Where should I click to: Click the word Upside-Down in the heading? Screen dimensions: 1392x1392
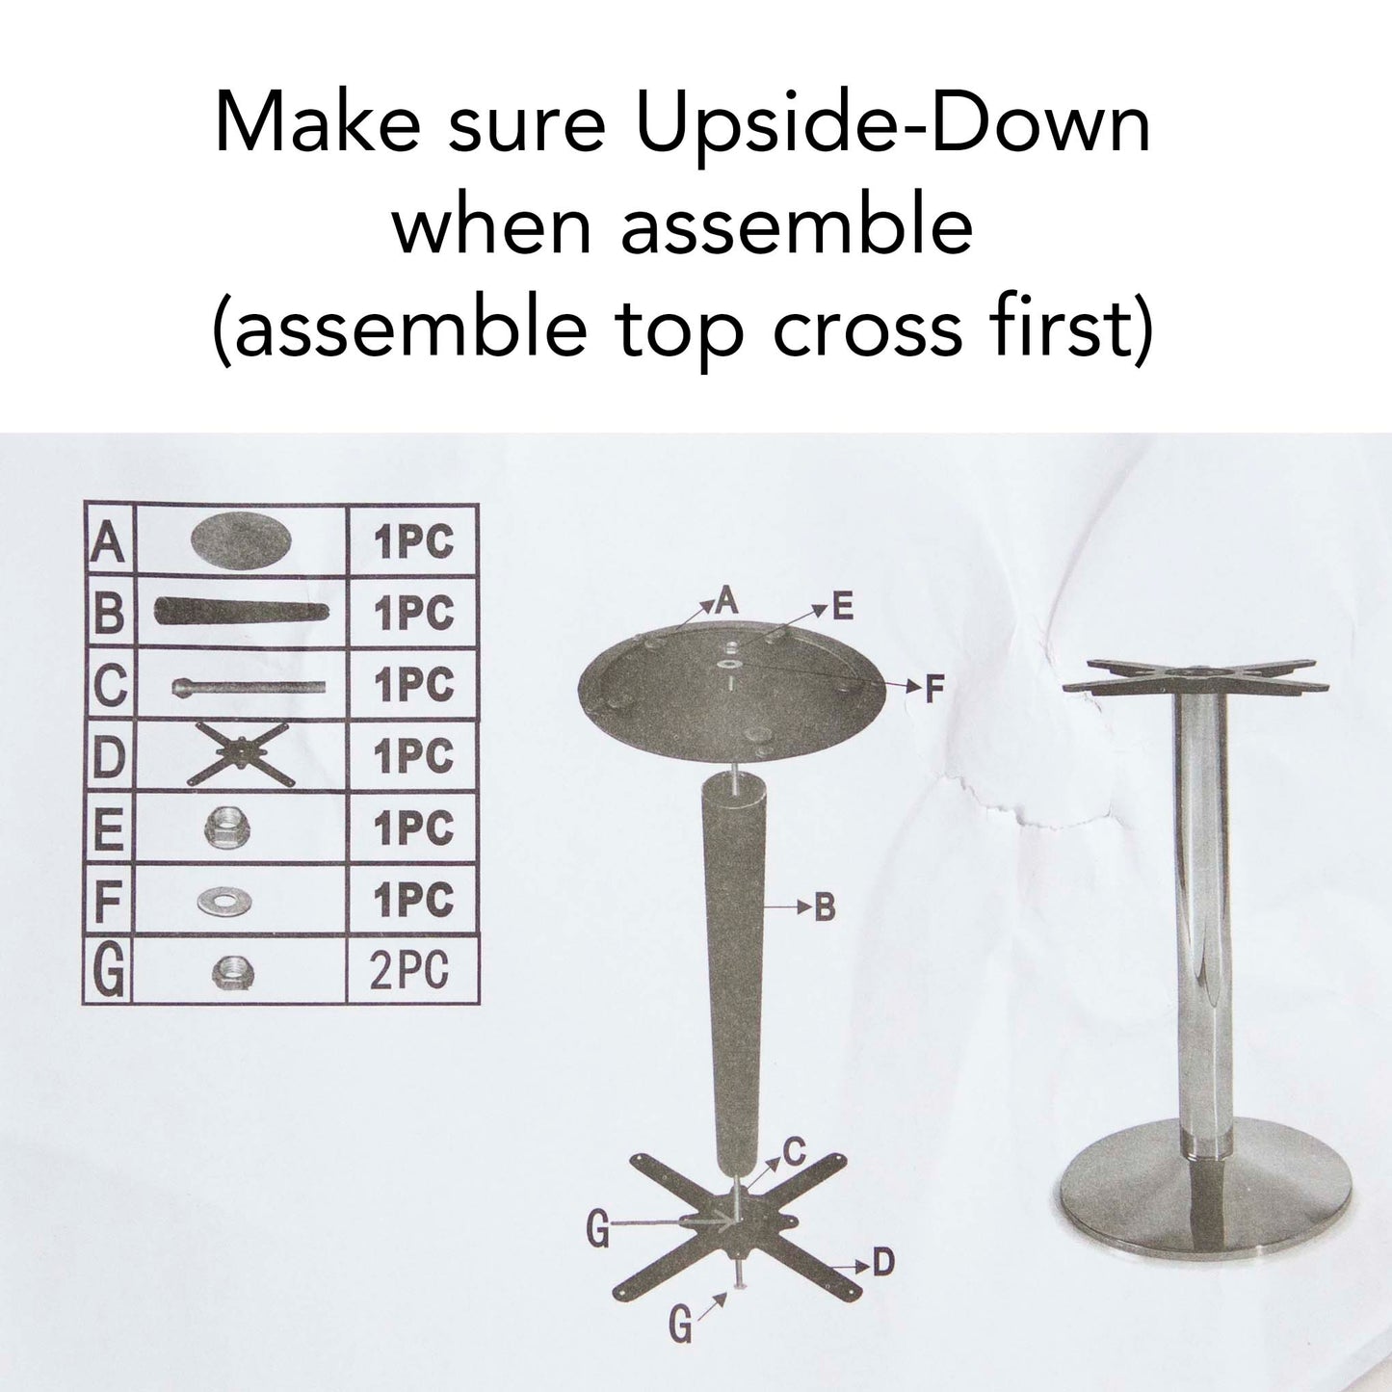click(x=892, y=125)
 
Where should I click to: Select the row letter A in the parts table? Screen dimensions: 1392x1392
click(x=108, y=541)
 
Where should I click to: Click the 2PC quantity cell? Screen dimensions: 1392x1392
click(x=411, y=971)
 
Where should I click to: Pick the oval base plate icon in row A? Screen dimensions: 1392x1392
click(x=241, y=539)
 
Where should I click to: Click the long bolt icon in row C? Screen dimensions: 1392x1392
click(x=248, y=687)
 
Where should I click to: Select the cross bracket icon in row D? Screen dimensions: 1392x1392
click(x=240, y=755)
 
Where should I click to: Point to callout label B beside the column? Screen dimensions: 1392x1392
click(x=825, y=907)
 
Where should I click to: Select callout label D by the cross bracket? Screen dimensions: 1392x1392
click(x=882, y=1262)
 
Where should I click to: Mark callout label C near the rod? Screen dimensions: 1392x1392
click(x=794, y=1151)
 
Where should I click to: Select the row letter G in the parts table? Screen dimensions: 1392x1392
click(x=109, y=972)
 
